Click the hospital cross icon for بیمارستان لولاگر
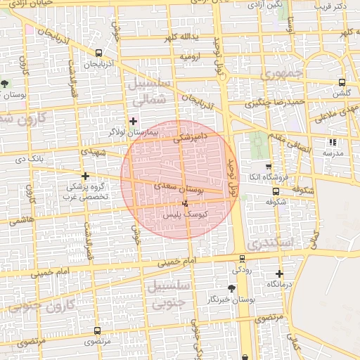pyautogui.click(x=133, y=120)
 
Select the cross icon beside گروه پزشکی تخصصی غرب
pyautogui.click(x=85, y=176)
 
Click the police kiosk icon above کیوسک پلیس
pyautogui.click(x=184, y=203)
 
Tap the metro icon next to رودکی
pyautogui.click(x=243, y=259)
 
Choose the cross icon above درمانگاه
pyautogui.click(x=279, y=274)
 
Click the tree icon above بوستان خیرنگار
pyautogui.click(x=231, y=288)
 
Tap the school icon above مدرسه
pyautogui.click(x=332, y=142)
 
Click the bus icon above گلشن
pyautogui.click(x=342, y=82)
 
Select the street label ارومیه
pyautogui.click(x=191, y=56)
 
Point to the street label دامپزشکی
pyautogui.click(x=191, y=134)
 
